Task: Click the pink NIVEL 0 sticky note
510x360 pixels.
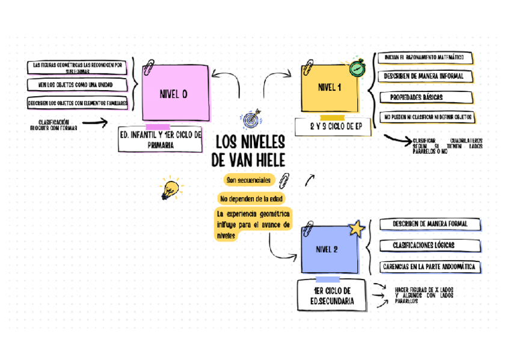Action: coord(176,93)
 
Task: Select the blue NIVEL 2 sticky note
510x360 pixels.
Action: coord(328,249)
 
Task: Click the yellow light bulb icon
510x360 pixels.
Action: coord(170,189)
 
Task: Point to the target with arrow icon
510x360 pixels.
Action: coord(250,118)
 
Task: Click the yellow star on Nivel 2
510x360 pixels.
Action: coord(356,228)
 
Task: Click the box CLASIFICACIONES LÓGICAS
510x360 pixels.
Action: coord(423,245)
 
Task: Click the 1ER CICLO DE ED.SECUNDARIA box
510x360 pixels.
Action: coord(332,295)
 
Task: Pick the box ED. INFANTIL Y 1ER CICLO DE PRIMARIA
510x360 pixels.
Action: coord(161,140)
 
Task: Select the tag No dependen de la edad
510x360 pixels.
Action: coord(252,198)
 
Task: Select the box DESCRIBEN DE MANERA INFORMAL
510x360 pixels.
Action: coord(423,77)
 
